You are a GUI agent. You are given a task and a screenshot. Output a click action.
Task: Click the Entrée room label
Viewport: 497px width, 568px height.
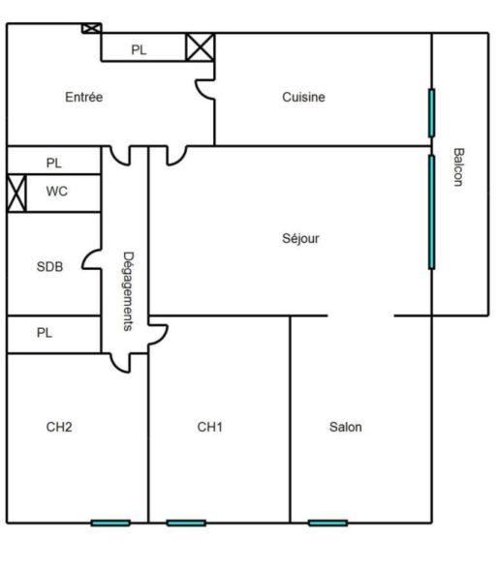84,97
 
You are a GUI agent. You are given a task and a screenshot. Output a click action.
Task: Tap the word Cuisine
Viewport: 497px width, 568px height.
303,97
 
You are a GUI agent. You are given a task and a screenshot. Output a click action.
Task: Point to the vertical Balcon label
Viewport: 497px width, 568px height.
458,167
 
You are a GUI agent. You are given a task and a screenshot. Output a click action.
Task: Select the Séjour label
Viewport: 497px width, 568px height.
300,238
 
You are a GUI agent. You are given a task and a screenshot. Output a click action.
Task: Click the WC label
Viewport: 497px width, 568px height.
57,192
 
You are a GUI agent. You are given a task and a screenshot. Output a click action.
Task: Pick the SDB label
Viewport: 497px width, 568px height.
49,266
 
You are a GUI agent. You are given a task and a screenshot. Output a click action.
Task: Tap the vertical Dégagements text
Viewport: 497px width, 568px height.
127,291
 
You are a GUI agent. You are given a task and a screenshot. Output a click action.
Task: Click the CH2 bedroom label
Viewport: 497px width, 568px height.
60,426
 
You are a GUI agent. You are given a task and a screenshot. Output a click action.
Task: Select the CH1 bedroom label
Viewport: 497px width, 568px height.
209,426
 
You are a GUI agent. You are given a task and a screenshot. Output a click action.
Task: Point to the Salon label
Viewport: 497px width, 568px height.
346,426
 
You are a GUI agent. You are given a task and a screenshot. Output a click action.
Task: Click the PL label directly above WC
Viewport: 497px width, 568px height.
53,163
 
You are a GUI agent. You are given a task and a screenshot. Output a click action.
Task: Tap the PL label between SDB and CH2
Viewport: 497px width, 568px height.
44,332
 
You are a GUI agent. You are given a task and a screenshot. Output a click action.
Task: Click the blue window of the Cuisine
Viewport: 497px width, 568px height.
432,112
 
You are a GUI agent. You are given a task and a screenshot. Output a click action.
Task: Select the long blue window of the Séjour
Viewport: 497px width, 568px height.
432,211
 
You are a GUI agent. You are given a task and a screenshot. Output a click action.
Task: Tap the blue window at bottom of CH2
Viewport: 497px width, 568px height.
110,523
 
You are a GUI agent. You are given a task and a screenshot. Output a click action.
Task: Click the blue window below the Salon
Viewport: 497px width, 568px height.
327,523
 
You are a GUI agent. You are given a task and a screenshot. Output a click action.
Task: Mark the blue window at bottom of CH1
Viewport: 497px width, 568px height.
185,523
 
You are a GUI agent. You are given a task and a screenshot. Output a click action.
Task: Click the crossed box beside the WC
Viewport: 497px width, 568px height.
16,193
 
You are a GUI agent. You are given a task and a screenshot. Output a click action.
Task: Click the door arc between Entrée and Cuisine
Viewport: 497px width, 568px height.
204,90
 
